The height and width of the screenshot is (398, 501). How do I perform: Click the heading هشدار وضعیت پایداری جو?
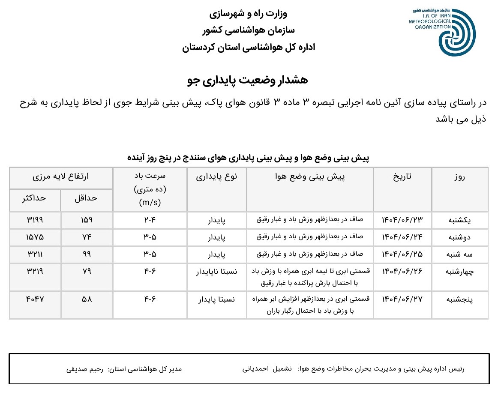248,80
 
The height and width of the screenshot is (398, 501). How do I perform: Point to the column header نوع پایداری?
216,176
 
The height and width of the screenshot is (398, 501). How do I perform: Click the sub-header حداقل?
87,198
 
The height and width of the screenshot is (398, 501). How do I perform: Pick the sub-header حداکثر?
35,198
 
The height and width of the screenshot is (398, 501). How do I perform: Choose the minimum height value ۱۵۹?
87,220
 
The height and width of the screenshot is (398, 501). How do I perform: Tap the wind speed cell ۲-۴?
150,220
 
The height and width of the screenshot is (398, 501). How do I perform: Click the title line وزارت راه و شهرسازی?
248,13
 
